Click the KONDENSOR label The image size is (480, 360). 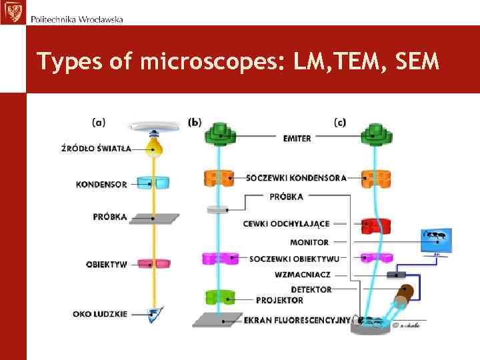click(101, 184)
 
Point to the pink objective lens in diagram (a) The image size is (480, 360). click(155, 264)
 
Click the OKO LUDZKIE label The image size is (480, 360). click(100, 313)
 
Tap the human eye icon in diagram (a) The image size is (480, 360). click(155, 313)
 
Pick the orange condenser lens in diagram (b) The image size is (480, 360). click(219, 178)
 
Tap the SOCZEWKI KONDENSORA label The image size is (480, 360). click(296, 178)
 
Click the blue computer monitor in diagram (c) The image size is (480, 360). click(437, 239)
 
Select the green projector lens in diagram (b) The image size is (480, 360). click(218, 297)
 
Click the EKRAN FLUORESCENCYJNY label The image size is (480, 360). click(297, 320)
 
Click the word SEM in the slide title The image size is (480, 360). click(417, 61)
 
